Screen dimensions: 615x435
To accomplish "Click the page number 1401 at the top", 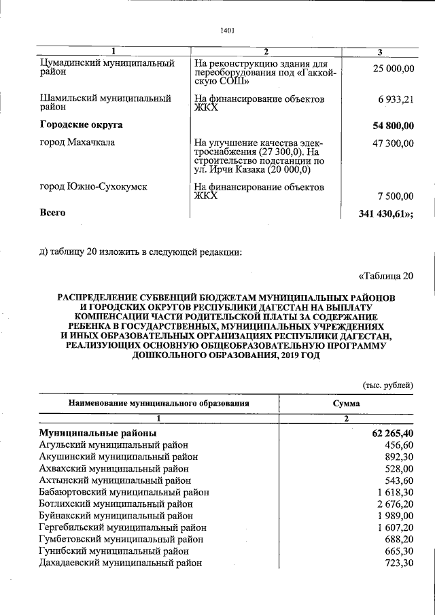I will coord(228,30).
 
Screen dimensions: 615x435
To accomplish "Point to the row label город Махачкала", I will coord(77,142).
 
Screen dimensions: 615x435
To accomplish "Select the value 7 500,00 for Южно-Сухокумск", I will coord(396,196).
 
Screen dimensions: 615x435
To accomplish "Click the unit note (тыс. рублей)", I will coord(387,385).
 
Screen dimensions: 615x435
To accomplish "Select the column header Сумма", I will coord(346,403).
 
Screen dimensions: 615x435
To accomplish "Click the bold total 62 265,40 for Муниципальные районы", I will coord(389,433).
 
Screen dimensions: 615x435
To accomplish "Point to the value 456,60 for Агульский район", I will coord(399,445).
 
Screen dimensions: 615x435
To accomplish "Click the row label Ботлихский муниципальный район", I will coord(116,504).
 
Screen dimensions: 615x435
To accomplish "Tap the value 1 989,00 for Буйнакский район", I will coord(395,516).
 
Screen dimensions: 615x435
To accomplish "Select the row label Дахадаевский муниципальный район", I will coord(121,563).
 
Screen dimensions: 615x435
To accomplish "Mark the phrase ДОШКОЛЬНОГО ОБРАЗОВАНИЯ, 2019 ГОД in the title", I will coord(226,355).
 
